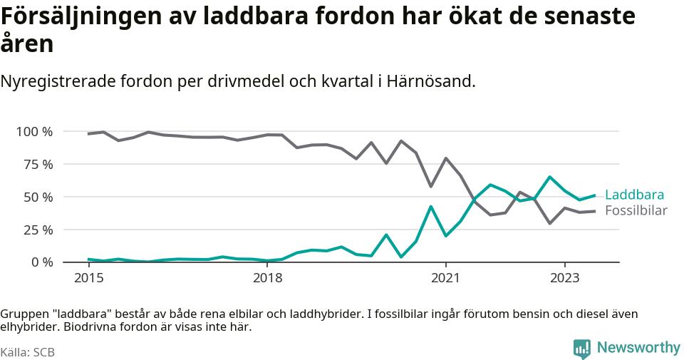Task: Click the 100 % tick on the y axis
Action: coord(34,132)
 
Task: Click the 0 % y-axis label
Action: coord(40,262)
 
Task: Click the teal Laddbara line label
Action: coord(634,195)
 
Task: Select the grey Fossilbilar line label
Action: coord(636,210)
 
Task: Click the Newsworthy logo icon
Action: coord(581,348)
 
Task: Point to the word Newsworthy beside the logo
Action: coord(638,347)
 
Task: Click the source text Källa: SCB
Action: coord(28,352)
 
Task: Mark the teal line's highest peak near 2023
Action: coord(549,177)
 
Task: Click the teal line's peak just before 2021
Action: coord(430,207)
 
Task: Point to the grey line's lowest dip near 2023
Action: coord(549,223)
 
